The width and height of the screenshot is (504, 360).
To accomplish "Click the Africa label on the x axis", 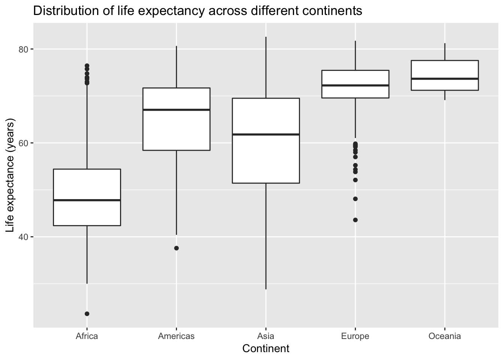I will tap(87, 336).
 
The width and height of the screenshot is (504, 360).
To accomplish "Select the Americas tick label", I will tap(176, 336).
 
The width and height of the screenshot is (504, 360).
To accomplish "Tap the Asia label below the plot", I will tap(266, 336).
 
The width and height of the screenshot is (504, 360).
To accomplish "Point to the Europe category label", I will tap(355, 336).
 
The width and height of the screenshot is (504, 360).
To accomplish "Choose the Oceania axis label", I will tap(444, 336).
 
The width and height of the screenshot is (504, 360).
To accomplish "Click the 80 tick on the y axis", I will tap(24, 49).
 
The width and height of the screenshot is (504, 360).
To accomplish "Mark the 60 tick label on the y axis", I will tap(24, 143).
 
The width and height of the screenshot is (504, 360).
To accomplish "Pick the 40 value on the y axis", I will tap(24, 237).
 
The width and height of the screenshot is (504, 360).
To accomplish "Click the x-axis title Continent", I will tap(266, 349).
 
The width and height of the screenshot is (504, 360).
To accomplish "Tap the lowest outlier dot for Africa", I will tap(87, 313).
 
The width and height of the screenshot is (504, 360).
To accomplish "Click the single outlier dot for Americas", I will tap(176, 248).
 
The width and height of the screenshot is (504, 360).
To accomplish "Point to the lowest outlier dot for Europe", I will tap(355, 220).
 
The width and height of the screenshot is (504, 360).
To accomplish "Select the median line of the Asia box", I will tap(266, 134).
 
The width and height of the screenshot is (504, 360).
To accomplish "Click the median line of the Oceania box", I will tap(444, 78).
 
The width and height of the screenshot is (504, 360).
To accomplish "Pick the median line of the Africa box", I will tap(87, 200).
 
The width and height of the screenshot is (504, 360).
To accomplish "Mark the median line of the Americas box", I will tap(176, 109).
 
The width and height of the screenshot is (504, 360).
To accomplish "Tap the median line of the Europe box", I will tap(355, 85).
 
